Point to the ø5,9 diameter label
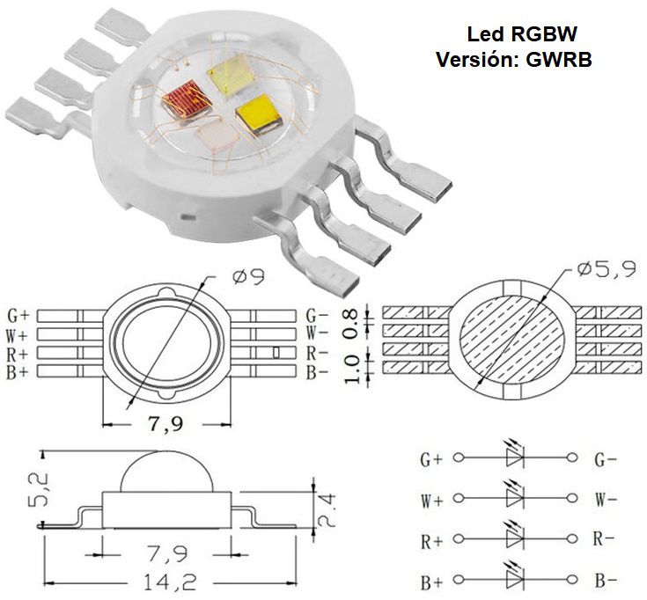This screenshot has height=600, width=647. (x=607, y=269)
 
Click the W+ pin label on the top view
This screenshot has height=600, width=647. (x=18, y=334)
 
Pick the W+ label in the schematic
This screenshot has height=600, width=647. (x=431, y=502)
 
